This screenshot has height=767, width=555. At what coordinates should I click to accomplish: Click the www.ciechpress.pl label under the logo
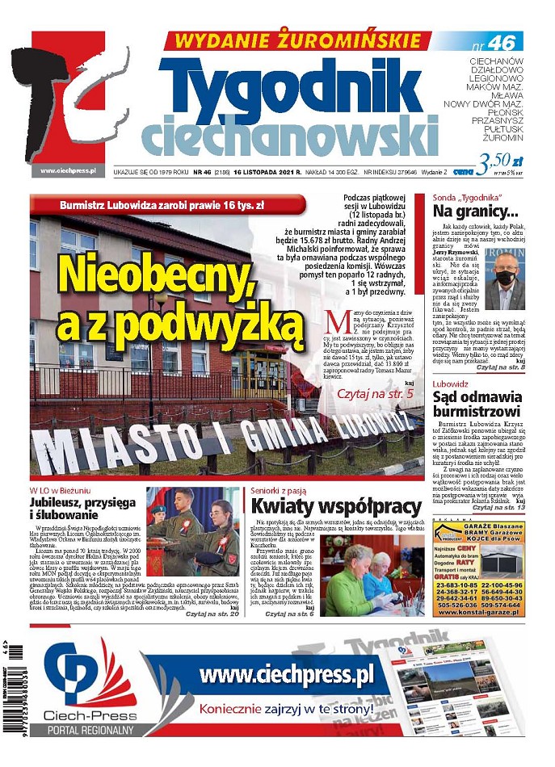[x=69, y=170]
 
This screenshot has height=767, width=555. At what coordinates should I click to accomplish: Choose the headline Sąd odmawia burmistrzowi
[x=477, y=404]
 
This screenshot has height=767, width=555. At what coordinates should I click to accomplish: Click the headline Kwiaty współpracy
[x=335, y=506]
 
